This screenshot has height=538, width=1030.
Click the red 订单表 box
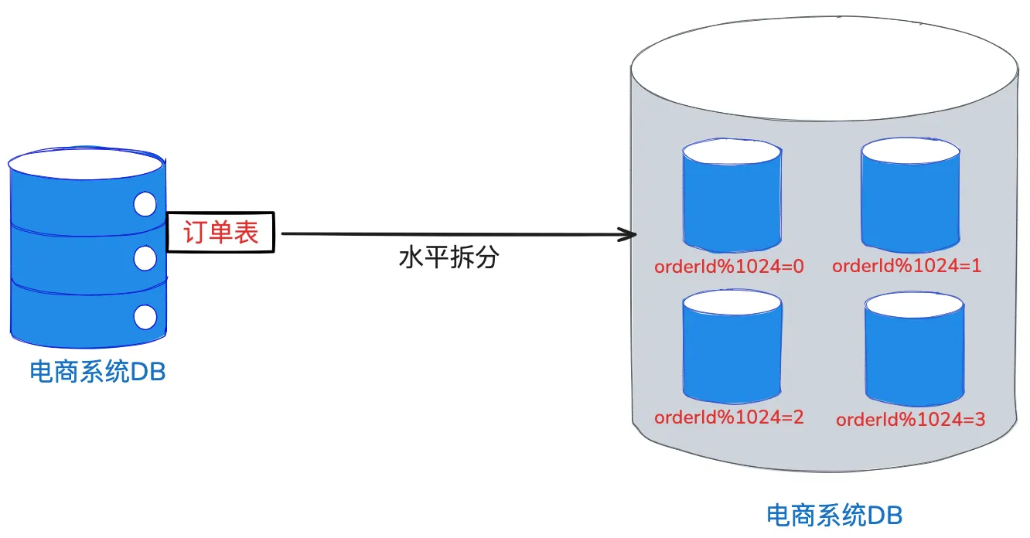221,232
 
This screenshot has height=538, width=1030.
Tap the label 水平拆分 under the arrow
448,258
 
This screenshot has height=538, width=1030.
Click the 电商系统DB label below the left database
97,373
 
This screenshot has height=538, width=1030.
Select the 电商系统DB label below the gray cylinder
834,515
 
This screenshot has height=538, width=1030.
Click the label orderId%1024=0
729,267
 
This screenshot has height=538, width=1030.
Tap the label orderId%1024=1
906,266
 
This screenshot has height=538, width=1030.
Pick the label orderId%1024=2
729,417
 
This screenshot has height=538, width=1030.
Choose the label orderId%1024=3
910,420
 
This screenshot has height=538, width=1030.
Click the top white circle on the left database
145,204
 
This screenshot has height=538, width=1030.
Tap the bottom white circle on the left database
145,316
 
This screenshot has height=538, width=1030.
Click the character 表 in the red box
247,232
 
